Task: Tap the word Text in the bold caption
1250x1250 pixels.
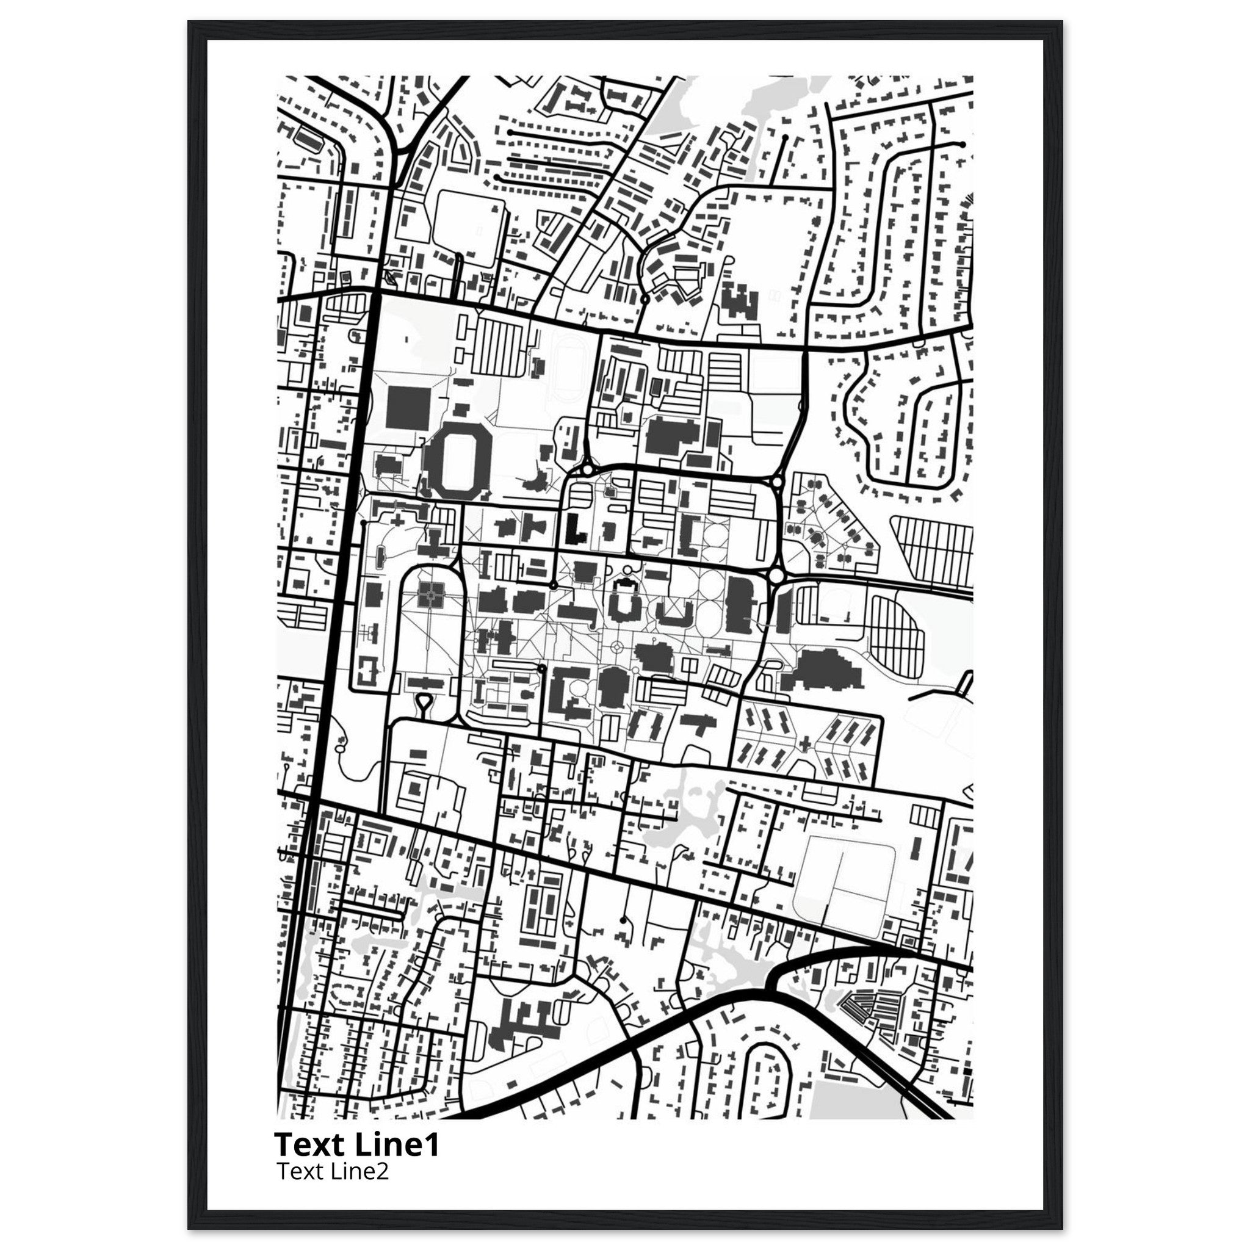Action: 311,1144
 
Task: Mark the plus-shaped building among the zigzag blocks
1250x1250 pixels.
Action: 806,743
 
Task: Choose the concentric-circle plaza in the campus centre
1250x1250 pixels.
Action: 616,646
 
